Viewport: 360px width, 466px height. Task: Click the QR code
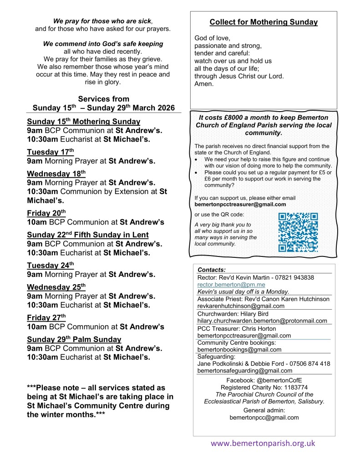click(x=298, y=232)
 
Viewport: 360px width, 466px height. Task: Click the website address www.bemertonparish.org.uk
click(x=263, y=443)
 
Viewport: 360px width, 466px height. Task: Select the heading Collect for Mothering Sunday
click(x=264, y=22)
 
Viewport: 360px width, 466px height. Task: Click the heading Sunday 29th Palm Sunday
click(x=74, y=339)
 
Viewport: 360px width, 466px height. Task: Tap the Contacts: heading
click(x=212, y=270)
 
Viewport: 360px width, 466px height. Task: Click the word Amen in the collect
click(x=204, y=84)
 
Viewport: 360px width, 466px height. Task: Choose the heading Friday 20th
click(x=46, y=213)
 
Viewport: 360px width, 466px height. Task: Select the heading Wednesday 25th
click(x=56, y=287)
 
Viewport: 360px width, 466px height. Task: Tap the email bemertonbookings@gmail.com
click(x=239, y=350)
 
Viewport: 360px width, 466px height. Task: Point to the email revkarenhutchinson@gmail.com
click(x=241, y=306)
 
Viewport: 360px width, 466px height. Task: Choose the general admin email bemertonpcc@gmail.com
click(x=264, y=417)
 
